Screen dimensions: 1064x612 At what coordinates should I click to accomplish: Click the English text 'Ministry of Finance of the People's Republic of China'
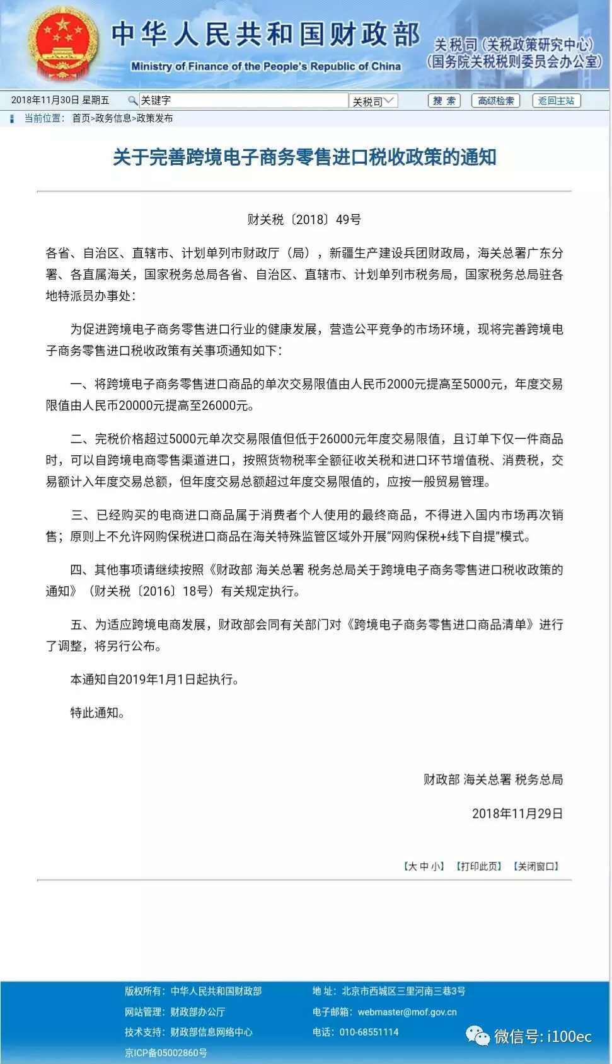click(x=265, y=66)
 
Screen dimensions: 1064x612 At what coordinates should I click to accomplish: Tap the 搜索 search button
click(x=444, y=101)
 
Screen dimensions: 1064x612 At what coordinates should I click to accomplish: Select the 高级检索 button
click(x=495, y=101)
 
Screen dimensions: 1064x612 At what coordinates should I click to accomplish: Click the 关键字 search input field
click(x=243, y=101)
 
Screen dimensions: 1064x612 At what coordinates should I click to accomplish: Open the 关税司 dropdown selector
click(x=374, y=101)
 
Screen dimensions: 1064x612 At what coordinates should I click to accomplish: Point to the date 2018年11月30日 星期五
click(x=60, y=100)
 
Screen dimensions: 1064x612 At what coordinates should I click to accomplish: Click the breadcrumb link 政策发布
click(x=154, y=118)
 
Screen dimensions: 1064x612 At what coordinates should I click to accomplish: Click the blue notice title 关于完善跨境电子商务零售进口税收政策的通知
click(x=304, y=157)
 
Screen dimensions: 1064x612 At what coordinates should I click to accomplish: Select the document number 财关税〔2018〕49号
click(x=304, y=220)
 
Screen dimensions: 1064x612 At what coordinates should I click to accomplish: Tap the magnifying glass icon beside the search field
click(x=132, y=101)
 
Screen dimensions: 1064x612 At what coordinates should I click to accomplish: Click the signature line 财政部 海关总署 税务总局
click(x=493, y=779)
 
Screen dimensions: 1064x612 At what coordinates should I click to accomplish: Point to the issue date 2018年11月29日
click(x=517, y=813)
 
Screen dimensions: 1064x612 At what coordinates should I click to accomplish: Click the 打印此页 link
click(x=478, y=866)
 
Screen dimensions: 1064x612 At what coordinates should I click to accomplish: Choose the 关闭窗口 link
click(x=536, y=866)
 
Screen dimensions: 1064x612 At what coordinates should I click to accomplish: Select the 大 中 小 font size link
click(x=424, y=866)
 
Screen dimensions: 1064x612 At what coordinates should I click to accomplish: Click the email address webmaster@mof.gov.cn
click(x=407, y=1012)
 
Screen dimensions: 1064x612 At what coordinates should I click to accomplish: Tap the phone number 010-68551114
click(x=369, y=1032)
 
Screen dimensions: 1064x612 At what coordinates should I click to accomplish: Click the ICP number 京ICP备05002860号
click(x=166, y=1052)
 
